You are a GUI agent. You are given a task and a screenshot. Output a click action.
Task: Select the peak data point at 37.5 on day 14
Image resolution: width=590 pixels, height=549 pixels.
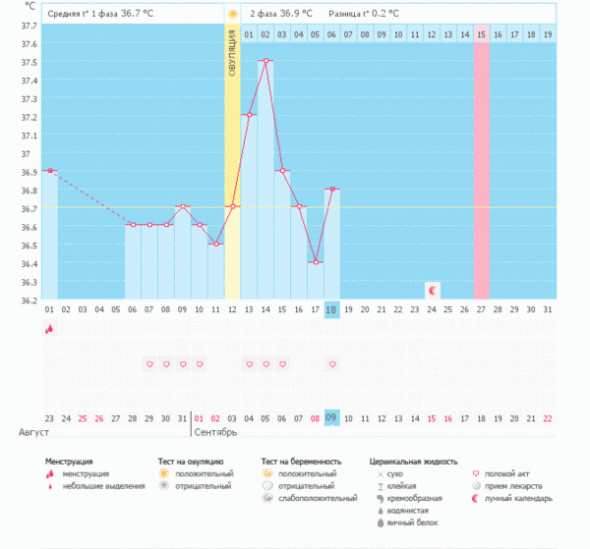click(265, 60)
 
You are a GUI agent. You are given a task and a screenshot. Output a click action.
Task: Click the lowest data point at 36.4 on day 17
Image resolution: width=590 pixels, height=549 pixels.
click(316, 262)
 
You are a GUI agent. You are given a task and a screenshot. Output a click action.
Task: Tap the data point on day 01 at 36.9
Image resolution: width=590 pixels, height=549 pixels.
click(49, 171)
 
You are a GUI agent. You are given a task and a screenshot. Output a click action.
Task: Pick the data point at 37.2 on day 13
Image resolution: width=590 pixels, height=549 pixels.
click(249, 115)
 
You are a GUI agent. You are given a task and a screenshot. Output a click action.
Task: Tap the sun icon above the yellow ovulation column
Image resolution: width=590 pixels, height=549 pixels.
click(232, 15)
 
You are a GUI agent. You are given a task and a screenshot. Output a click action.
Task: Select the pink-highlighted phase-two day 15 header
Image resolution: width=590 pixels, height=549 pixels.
click(481, 34)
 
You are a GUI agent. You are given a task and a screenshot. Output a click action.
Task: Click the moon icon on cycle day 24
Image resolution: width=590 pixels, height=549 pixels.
click(432, 290)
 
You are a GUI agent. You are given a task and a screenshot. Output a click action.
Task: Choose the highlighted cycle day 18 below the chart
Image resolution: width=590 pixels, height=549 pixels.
click(331, 310)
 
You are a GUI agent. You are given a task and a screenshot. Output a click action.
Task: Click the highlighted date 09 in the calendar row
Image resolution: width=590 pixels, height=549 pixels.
click(331, 417)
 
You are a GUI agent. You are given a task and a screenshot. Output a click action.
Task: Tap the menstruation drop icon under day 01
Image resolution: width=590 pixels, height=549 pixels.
click(48, 330)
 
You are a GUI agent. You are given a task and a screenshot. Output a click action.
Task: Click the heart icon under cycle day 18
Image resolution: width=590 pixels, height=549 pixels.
click(332, 364)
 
